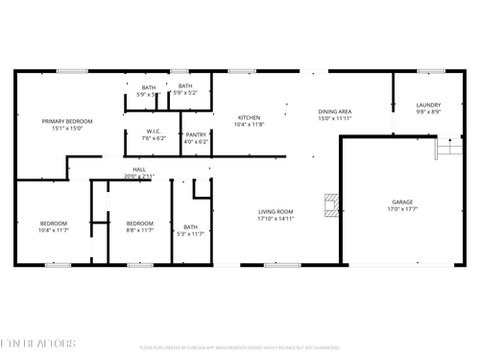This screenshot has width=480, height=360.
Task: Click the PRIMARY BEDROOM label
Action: pyautogui.click(x=66, y=121)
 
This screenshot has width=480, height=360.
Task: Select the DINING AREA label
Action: pyautogui.click(x=335, y=112)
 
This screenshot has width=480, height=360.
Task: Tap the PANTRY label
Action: pyautogui.click(x=196, y=134)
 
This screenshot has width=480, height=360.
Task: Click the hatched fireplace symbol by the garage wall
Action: pyautogui.click(x=331, y=203)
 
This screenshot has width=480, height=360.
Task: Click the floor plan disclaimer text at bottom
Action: pyautogui.click(x=240, y=348)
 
